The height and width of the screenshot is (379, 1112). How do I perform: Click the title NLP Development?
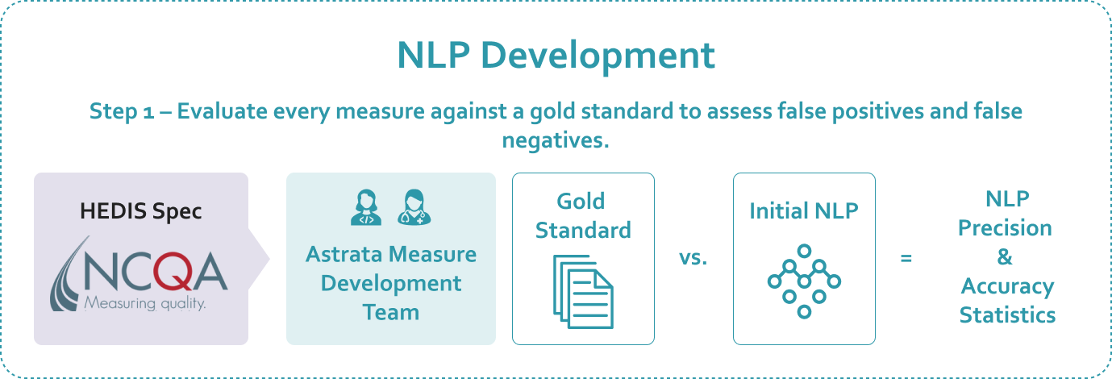click(x=556, y=56)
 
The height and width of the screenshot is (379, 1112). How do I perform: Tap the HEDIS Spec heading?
click(x=141, y=211)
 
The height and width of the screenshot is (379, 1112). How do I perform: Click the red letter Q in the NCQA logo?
click(x=172, y=271)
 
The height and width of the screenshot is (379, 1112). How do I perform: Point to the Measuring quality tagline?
click(x=144, y=302)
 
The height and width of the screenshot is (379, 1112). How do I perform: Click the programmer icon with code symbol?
click(x=366, y=207)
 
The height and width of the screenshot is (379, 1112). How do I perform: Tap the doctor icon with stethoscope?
click(x=414, y=207)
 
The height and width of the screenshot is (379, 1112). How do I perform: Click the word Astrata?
click(x=344, y=254)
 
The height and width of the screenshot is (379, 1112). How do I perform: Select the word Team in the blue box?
click(x=391, y=312)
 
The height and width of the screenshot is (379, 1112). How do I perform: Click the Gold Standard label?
click(x=583, y=216)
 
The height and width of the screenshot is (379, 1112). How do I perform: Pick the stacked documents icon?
click(x=583, y=292)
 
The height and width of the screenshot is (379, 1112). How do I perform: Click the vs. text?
click(x=693, y=258)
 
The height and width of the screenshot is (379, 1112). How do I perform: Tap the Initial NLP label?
click(x=804, y=211)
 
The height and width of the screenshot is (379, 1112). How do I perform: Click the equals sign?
click(x=906, y=258)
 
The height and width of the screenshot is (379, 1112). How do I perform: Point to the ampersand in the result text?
click(x=1005, y=256)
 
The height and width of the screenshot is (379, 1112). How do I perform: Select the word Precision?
click(x=1005, y=228)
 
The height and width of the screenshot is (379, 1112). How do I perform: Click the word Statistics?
click(x=1007, y=315)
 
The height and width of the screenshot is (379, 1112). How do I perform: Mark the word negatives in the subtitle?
click(x=556, y=140)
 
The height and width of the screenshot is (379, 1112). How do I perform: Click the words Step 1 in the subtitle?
click(x=122, y=111)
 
